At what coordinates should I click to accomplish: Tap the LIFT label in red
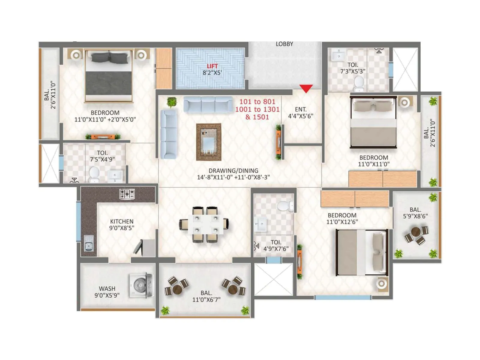click(x=212, y=66)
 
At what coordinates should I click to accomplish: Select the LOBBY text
click(x=284, y=44)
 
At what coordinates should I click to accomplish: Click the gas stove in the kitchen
click(x=127, y=194)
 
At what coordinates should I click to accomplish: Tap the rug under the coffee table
click(x=208, y=142)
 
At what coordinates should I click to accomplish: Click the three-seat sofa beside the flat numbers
click(x=208, y=104)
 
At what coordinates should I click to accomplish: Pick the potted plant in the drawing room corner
click(x=172, y=102)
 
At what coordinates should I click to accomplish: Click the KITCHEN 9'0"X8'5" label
click(x=121, y=224)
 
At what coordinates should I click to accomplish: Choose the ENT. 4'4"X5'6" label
click(x=301, y=112)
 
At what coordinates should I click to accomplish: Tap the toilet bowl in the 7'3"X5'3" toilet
click(x=359, y=82)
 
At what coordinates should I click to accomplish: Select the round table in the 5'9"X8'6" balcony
click(x=416, y=232)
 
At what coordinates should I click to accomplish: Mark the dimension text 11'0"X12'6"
click(x=342, y=222)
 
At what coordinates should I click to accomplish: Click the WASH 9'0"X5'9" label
click(x=107, y=292)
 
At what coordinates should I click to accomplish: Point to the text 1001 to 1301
click(x=257, y=109)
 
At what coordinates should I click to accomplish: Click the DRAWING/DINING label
click(x=233, y=170)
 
